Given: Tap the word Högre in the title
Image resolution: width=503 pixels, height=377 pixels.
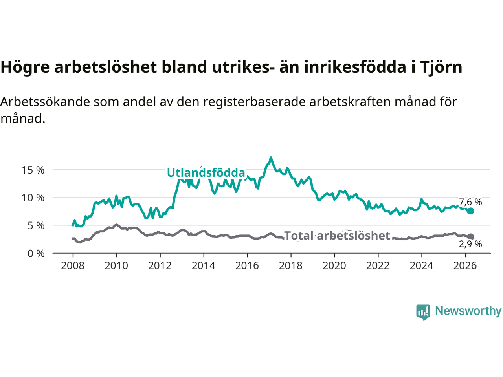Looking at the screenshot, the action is point(25,68).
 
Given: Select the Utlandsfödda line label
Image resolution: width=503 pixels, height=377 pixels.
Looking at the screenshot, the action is point(206,173).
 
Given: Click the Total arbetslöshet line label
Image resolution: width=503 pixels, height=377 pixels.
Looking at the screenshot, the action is point(337,236).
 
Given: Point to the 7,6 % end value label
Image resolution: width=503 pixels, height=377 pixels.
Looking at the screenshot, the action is point(470,202).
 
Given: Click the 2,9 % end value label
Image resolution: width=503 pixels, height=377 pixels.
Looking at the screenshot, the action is point(470,244).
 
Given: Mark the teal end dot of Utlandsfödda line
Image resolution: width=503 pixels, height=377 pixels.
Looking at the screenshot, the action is point(471,211).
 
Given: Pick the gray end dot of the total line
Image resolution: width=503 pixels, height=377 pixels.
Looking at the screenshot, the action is point(471,237).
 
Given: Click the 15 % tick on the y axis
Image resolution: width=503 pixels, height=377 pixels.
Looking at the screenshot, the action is point(33,170).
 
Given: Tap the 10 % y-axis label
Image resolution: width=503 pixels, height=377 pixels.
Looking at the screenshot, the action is point(33,198).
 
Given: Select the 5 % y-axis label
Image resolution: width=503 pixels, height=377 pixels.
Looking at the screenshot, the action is point(36,226).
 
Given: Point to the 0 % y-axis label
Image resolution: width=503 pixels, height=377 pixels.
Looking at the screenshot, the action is point(36,254).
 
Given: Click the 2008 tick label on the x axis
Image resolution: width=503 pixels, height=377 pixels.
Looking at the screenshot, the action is point(73,266).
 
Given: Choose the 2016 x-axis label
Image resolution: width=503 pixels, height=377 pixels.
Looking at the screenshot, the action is point(247,266).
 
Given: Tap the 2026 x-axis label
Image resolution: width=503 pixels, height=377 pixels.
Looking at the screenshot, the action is point(465,266).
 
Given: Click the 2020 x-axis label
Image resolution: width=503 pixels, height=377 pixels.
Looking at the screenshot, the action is point(334,266).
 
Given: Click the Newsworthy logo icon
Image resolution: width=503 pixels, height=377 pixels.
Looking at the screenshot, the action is point(423,312).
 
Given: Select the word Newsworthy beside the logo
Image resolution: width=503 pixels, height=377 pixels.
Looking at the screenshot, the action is point(468,311).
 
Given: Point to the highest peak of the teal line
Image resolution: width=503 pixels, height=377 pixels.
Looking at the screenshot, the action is point(271,158).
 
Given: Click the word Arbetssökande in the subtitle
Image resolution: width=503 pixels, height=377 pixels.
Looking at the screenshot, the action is point(45,102).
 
